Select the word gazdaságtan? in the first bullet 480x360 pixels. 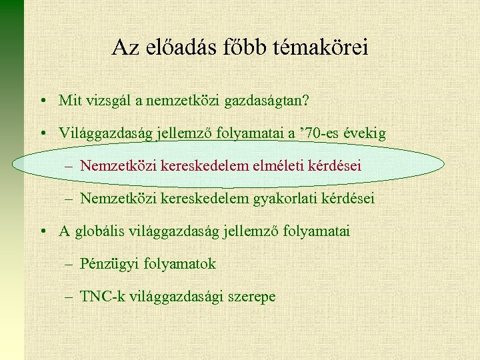click(269, 101)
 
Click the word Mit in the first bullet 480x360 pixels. click(68, 101)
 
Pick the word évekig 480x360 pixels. click(364, 133)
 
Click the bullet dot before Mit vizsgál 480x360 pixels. click(42, 101)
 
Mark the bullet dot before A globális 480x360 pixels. click(42, 232)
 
